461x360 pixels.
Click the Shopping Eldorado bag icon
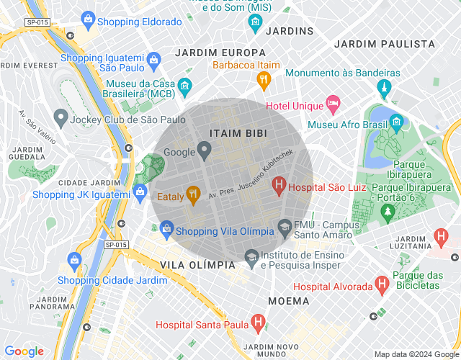88,19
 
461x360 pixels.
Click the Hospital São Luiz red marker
279,186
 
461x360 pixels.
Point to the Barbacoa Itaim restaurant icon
264,78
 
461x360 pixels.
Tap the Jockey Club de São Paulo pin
60,117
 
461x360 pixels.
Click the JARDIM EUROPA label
220,53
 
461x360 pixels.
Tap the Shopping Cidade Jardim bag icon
73,259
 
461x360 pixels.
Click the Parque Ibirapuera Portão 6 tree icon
388,212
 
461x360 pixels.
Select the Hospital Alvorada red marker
382,286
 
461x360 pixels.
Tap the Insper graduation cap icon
251,256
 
